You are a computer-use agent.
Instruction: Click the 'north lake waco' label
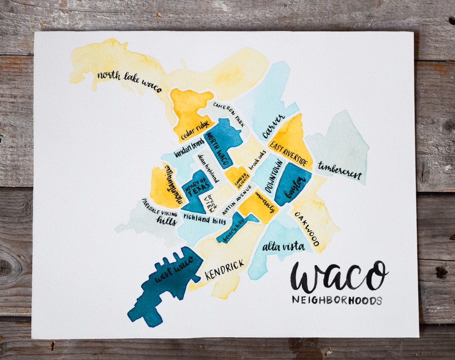click(x=129, y=82)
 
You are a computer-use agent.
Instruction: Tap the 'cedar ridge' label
click(x=195, y=130)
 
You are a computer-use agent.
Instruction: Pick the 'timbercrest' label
click(x=340, y=171)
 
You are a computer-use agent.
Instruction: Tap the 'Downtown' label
click(x=274, y=176)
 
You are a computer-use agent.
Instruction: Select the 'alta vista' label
click(x=283, y=246)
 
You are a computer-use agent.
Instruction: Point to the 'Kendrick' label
click(x=225, y=269)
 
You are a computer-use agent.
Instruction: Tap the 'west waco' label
click(x=174, y=269)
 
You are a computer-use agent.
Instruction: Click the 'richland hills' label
click(x=204, y=219)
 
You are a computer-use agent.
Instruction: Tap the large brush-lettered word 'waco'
click(x=339, y=277)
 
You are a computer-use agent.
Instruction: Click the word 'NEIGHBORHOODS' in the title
click(x=337, y=301)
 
